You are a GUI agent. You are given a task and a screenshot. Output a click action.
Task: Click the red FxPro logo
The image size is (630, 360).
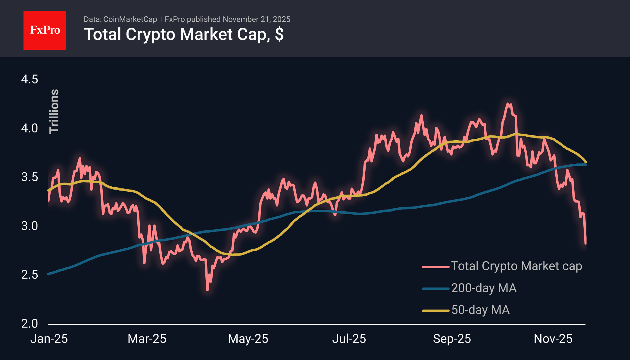coord(45,30)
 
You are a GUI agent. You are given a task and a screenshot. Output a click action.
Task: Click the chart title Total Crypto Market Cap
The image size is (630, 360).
coord(184,34)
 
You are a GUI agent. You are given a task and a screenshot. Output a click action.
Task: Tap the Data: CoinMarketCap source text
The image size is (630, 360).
coord(120,19)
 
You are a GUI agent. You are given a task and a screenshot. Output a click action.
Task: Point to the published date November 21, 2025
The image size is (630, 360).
coord(256,19)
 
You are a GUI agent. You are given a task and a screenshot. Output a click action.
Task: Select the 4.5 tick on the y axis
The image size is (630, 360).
coord(30,79)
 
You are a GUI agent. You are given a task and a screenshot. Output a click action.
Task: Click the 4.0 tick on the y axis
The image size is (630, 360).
coord(30,128)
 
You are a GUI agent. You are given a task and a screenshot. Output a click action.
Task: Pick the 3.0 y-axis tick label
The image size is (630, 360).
coord(30,226)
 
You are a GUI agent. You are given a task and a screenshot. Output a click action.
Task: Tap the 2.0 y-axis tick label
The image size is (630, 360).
coord(30,324)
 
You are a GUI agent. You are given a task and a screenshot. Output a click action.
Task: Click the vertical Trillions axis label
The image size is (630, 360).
coord(54,111)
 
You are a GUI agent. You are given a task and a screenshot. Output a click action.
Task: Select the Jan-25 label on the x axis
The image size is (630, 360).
coord(49,339)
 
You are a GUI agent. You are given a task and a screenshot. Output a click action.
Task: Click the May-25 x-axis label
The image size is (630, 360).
coord(248,339)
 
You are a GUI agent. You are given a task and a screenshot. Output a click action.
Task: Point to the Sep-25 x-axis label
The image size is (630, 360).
coord(452,339)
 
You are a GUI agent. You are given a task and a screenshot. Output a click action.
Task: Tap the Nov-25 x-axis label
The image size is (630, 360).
coord(553,339)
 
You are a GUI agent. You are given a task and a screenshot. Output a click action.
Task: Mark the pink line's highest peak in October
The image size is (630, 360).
coord(508,104)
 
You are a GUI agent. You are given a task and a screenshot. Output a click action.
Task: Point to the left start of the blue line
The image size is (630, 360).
coord(48,274)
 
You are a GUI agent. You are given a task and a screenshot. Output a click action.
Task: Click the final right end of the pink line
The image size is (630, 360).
coord(585,243)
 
